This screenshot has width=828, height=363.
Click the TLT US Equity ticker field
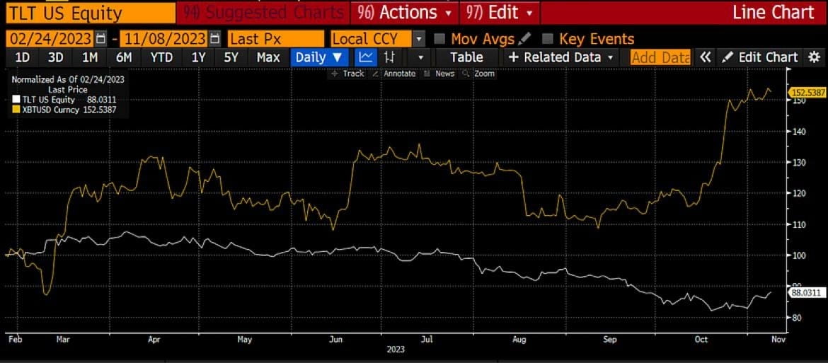[88, 12]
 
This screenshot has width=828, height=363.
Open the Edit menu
[500, 12]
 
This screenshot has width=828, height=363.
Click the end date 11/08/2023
[165, 39]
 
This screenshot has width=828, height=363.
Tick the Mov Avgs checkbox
[439, 39]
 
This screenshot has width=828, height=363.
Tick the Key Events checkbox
[548, 39]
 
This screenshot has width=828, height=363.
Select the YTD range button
[162, 57]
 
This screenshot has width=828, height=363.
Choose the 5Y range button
[231, 57]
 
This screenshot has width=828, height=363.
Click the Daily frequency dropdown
[318, 57]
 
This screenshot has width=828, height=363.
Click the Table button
[466, 57]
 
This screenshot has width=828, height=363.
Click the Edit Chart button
[761, 57]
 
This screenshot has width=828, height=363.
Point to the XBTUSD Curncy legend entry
[68, 110]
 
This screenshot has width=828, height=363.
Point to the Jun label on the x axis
[337, 340]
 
